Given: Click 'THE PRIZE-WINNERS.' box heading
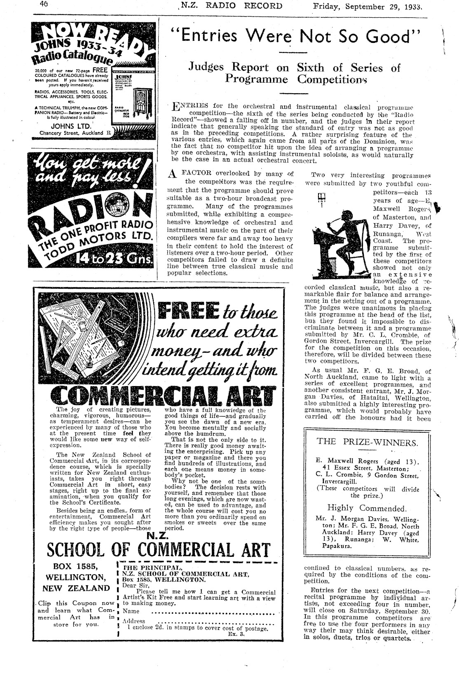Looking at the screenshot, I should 367,442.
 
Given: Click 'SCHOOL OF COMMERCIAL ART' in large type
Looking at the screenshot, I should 159,550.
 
